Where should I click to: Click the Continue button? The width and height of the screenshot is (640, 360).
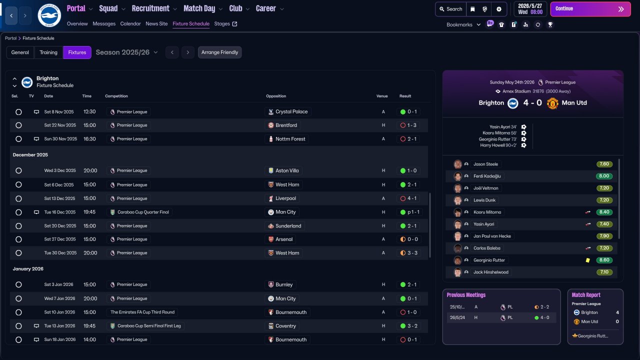pos(590,9)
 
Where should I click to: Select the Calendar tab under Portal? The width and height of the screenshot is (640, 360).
pos(130,23)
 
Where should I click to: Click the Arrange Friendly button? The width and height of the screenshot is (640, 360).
pos(219,52)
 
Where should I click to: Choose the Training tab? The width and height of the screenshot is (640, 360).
pos(48,52)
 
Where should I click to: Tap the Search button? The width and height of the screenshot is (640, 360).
pos(450,9)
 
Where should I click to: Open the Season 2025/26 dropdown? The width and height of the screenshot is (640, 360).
pos(126,52)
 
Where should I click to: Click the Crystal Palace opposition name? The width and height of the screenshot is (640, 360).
pos(291,112)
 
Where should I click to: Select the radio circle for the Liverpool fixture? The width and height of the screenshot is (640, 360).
pos(18,198)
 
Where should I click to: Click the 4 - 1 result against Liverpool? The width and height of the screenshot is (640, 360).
pos(411,198)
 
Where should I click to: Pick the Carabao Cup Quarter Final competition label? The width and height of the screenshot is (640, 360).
pos(142,212)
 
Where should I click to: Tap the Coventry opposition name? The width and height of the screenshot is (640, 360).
pos(285,326)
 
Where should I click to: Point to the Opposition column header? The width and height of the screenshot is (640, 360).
pos(276,96)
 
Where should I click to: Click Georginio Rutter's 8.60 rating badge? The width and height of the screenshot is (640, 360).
pos(604,260)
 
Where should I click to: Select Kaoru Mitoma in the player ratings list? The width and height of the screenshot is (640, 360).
pos(487,212)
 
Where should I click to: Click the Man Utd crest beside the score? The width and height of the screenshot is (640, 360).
pos(552,103)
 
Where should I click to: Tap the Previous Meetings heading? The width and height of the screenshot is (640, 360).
pos(466,295)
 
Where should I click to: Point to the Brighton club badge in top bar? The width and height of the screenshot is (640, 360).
pos(49,15)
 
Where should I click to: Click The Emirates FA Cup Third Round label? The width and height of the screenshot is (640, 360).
pos(142,312)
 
